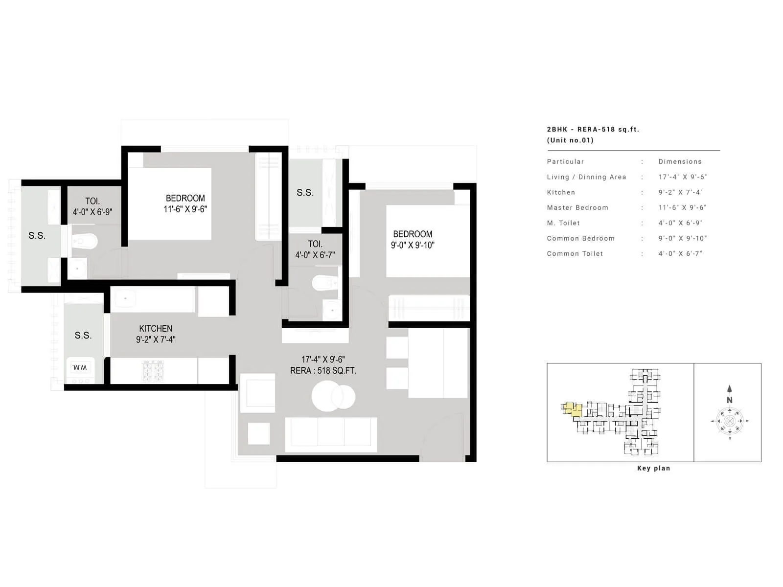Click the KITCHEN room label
pyautogui.click(x=156, y=328)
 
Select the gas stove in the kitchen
pyautogui.click(x=153, y=371)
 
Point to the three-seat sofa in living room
pyautogui.click(x=331, y=432)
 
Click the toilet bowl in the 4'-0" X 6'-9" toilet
pyautogui.click(x=85, y=241)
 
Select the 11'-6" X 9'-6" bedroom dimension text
pyautogui.click(x=185, y=209)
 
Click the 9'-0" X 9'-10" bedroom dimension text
pyautogui.click(x=413, y=245)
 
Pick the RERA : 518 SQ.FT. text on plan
pyautogui.click(x=323, y=371)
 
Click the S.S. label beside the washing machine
pyautogui.click(x=83, y=335)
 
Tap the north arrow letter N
pyautogui.click(x=729, y=400)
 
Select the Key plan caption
pyautogui.click(x=653, y=468)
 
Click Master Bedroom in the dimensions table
pyautogui.click(x=577, y=207)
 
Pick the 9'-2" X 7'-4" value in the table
pyautogui.click(x=680, y=192)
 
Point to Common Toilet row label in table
pyautogui.click(x=575, y=253)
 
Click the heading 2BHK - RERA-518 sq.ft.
pyautogui.click(x=593, y=130)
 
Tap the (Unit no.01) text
pyautogui.click(x=570, y=140)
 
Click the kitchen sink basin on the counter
pyautogui.click(x=125, y=299)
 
